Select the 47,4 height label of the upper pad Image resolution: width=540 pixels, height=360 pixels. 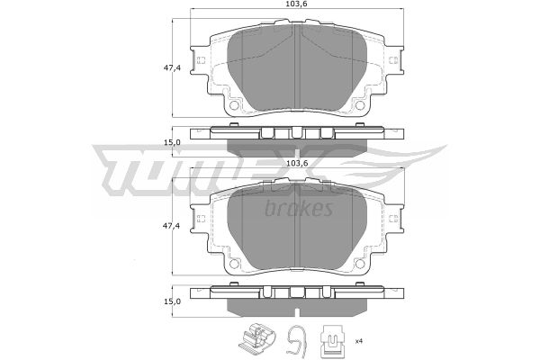click(x=172, y=67)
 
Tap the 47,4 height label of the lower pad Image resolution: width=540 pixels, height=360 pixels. click(x=172, y=226)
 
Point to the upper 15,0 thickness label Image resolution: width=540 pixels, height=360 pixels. click(x=172, y=142)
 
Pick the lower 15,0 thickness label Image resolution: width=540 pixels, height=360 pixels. click(x=172, y=301)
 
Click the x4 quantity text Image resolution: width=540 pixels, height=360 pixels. click(x=359, y=341)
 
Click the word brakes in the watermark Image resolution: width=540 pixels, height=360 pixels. click(x=299, y=208)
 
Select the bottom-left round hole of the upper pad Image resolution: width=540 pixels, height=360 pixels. click(x=234, y=104)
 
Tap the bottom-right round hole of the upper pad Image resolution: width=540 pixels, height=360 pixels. click(x=360, y=104)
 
